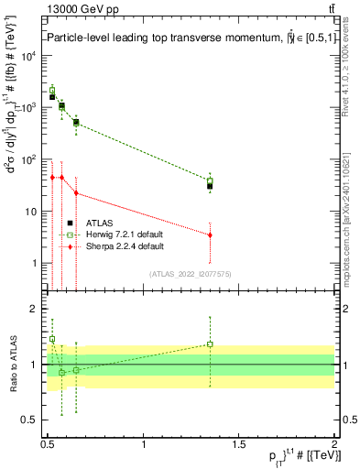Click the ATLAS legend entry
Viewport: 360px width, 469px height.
[98, 223]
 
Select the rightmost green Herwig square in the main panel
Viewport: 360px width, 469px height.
[211, 180]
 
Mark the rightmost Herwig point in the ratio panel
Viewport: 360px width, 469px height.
[211, 344]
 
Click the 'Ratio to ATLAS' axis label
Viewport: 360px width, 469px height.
[12, 364]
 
